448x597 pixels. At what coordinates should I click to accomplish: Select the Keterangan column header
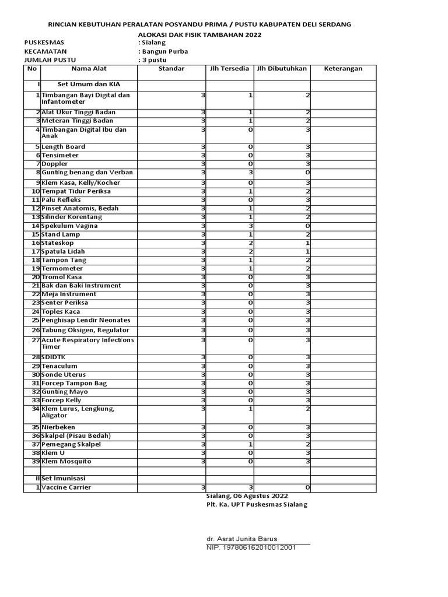[x=344, y=69]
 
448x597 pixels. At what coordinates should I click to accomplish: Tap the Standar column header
[x=171, y=69]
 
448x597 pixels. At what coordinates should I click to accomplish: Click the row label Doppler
[x=55, y=164]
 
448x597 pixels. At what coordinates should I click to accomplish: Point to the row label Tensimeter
[x=60, y=156]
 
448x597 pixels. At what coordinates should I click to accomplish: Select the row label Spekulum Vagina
[x=69, y=226]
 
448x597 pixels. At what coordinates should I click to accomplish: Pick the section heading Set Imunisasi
[x=64, y=478]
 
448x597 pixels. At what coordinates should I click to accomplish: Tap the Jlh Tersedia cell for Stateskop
[x=229, y=243]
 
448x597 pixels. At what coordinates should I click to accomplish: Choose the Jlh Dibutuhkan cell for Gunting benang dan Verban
[x=282, y=173]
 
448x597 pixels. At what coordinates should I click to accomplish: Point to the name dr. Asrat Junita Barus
[x=242, y=539]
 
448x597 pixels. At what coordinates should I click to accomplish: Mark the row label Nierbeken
[x=58, y=427]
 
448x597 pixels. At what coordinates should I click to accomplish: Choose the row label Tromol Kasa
[x=61, y=277]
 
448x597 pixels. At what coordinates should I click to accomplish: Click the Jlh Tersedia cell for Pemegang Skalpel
[x=229, y=444]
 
